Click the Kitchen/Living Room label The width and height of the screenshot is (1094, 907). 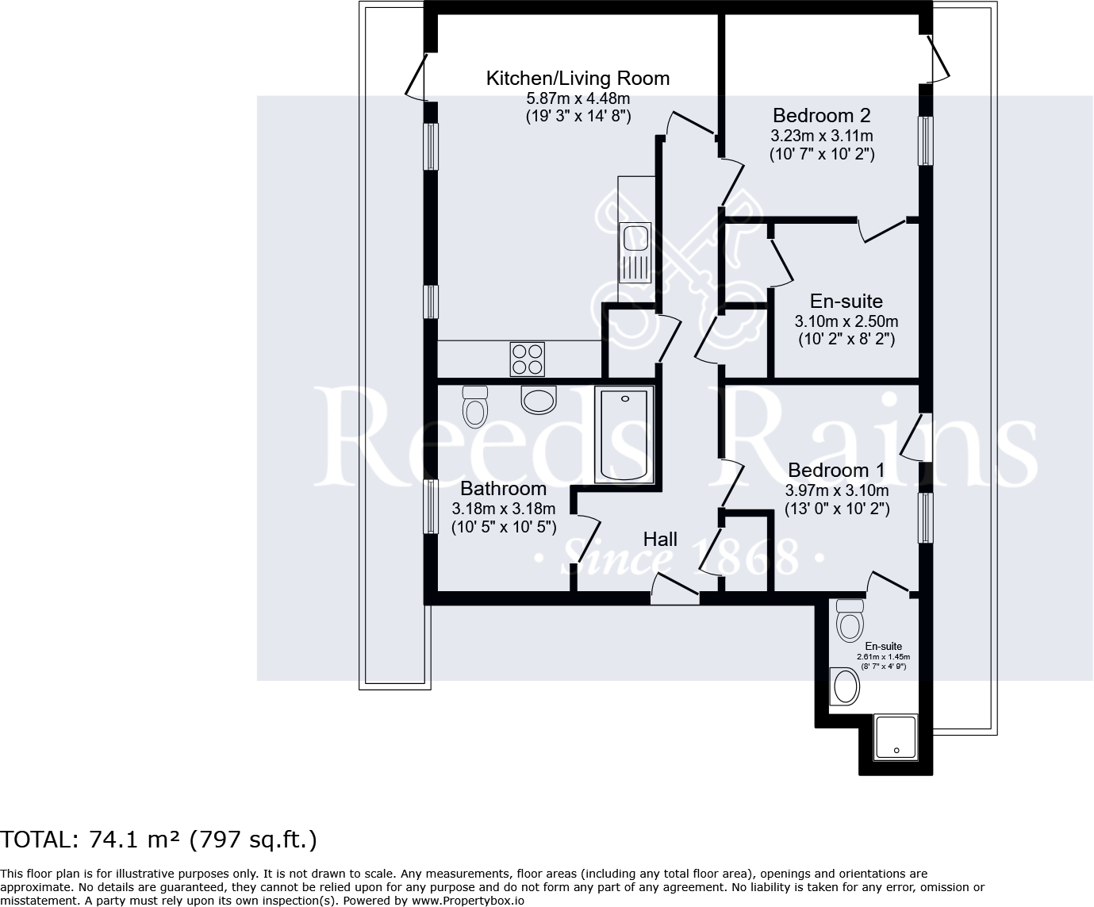point(578,78)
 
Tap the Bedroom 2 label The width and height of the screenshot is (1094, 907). point(822,115)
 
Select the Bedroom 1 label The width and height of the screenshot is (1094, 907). point(836,470)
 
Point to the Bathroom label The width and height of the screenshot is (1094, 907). point(503,488)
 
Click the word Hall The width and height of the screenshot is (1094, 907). point(660,539)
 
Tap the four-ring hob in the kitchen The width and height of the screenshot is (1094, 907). point(527,359)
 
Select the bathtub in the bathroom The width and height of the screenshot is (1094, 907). point(624,434)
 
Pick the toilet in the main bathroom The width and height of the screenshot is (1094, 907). point(475,406)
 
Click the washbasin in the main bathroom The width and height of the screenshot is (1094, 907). point(539,400)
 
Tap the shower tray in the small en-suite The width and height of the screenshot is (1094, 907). point(896,737)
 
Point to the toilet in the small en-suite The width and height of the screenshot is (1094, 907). point(850,621)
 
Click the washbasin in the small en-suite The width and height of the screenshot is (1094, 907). point(845,686)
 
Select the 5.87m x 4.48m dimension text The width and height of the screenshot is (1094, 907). point(578,98)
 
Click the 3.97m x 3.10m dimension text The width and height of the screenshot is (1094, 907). point(837,490)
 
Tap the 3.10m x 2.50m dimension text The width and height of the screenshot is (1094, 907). point(846,321)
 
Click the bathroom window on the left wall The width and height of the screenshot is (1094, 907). point(430,507)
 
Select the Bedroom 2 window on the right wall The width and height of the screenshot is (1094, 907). point(926,140)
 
